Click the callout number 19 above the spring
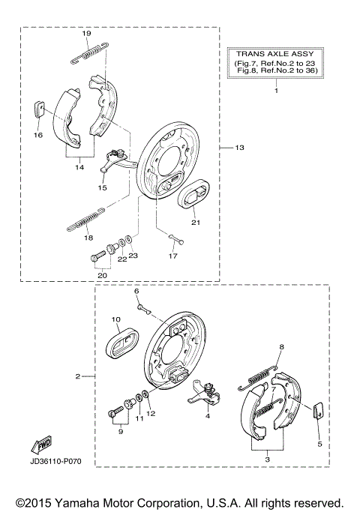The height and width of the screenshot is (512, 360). pos(86,34)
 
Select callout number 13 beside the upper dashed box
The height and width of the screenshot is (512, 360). pos(239,148)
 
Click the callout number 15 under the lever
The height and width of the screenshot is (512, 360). pos(103,190)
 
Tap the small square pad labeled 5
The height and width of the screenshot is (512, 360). pos(316,410)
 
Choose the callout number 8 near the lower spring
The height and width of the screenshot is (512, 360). pos(281,347)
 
